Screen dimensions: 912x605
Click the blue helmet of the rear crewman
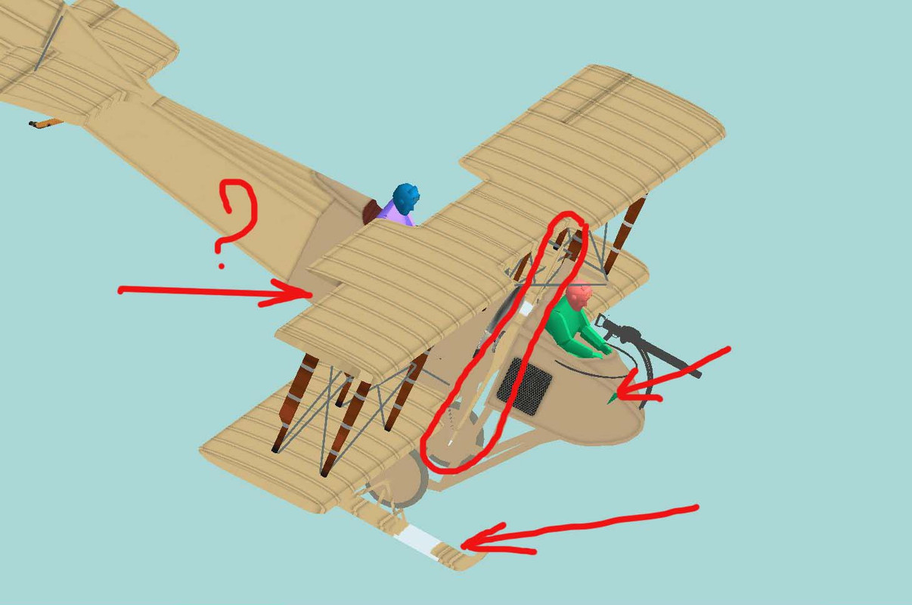(x=406, y=198)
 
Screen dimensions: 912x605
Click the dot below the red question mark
(x=222, y=266)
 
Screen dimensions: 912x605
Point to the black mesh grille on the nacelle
(x=524, y=386)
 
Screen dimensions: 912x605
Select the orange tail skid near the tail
(x=45, y=123)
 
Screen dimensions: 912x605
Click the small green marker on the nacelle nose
(x=612, y=399)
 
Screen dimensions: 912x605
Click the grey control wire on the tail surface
(x=49, y=44)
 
